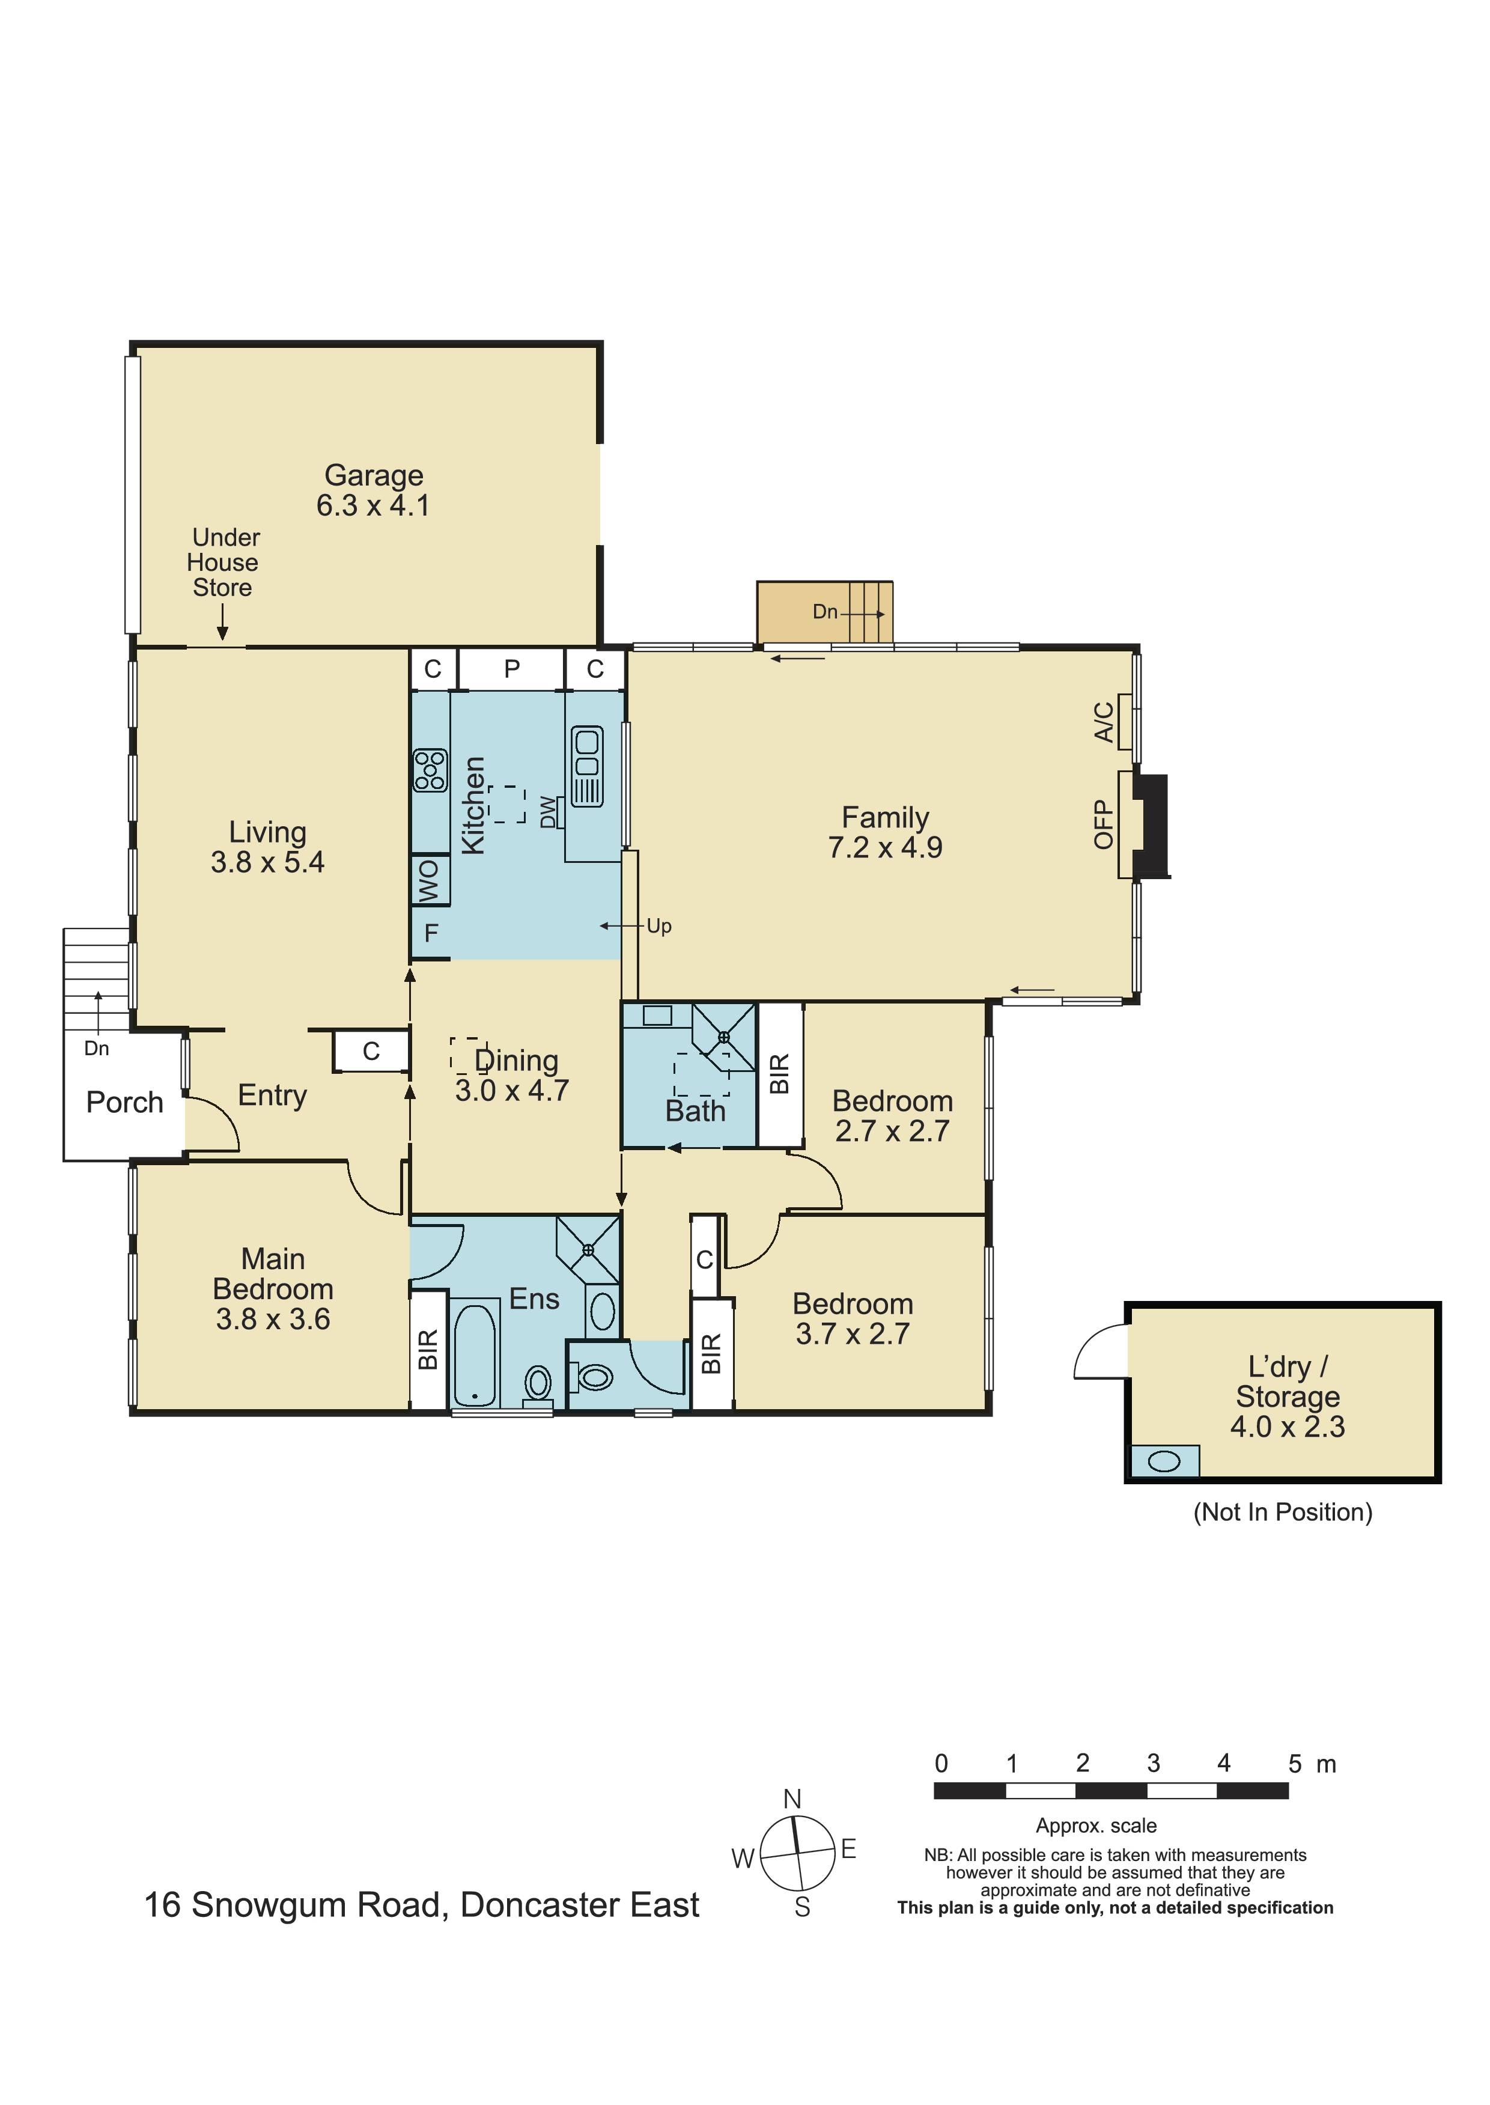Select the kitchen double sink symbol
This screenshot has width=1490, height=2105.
[587, 766]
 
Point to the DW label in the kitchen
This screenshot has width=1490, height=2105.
[549, 812]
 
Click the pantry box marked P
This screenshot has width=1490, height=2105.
[511, 669]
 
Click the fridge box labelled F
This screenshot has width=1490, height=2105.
[430, 933]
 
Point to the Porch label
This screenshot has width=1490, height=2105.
[125, 1102]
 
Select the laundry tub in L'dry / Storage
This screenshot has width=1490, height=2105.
[1163, 1461]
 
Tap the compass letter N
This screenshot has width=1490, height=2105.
[792, 1799]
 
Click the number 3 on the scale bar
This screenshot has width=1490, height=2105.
[1154, 1762]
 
